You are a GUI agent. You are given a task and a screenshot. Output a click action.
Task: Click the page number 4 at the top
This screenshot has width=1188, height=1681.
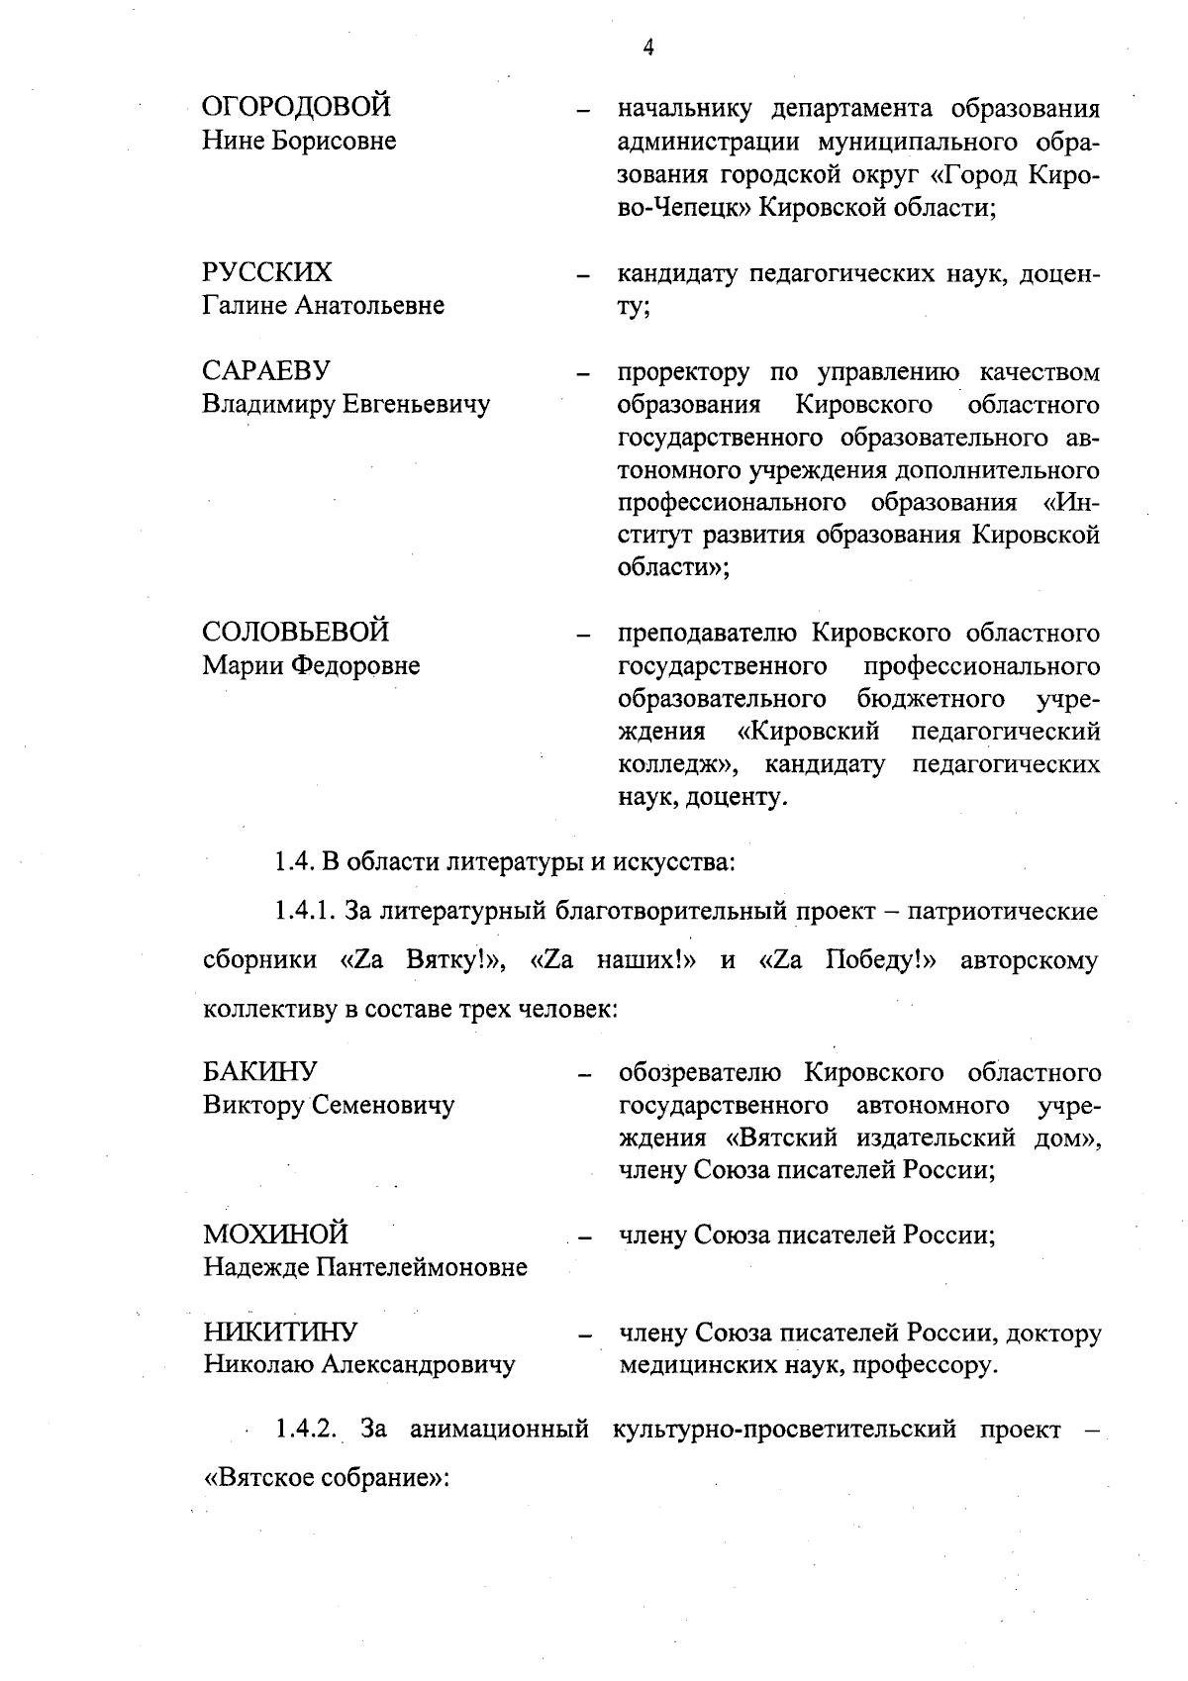[x=648, y=47]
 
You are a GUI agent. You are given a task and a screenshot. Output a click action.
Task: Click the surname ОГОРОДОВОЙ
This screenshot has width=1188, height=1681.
[x=296, y=107]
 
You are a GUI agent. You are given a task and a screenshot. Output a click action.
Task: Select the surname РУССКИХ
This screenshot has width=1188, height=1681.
[x=267, y=272]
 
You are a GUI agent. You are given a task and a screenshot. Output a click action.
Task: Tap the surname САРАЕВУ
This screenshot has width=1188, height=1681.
[x=266, y=371]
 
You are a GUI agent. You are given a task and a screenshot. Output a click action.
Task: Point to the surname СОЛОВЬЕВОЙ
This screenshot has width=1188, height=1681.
[x=296, y=632]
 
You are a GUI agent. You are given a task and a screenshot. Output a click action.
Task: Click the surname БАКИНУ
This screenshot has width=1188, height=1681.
[x=260, y=1072]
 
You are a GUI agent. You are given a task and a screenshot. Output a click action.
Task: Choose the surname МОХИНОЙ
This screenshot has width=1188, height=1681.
[x=276, y=1235]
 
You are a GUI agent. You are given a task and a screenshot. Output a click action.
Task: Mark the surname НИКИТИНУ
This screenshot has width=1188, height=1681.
[x=281, y=1332]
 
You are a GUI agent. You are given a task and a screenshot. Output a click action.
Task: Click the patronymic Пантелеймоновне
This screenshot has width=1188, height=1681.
[x=422, y=1267]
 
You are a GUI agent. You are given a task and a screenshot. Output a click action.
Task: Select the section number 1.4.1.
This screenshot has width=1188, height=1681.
[x=305, y=911]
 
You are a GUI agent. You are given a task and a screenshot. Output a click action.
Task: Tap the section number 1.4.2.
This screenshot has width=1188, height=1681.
[x=308, y=1429]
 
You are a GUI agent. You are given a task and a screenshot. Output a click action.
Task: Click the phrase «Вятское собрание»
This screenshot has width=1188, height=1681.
[x=326, y=1478]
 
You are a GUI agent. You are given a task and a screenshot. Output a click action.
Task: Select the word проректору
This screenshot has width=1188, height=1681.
[x=684, y=373]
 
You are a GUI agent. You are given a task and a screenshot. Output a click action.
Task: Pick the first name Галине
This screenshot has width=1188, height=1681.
[x=245, y=305]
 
